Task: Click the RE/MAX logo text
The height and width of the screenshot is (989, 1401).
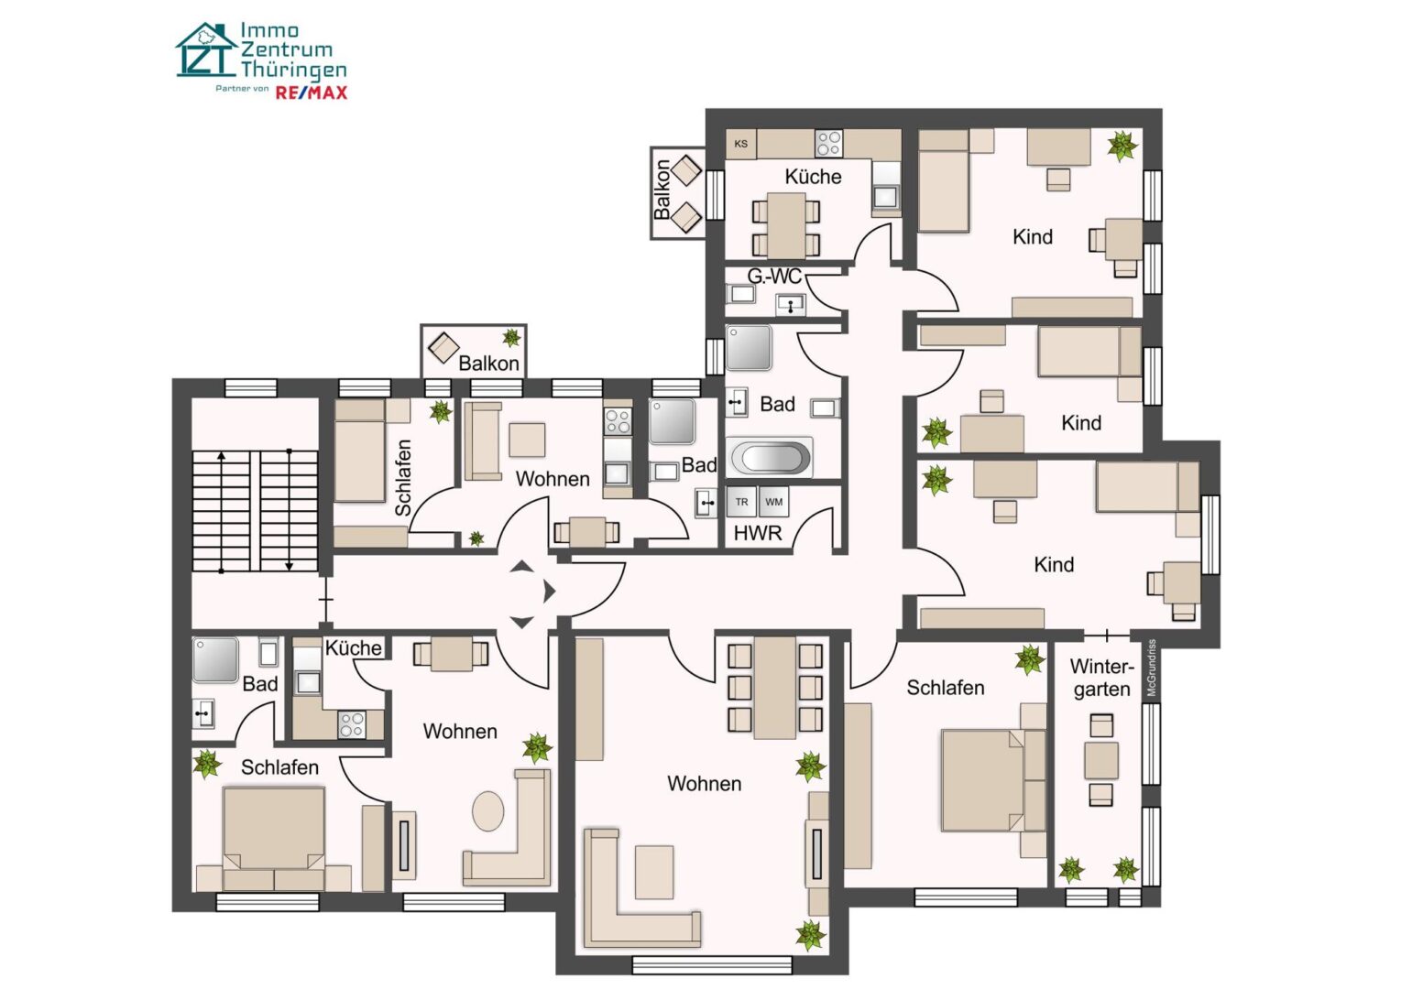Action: pos(312,92)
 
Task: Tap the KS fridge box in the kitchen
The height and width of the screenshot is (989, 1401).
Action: pos(741,144)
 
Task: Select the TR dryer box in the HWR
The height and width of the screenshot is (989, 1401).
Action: pos(742,502)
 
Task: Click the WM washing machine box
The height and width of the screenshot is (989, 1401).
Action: pos(773,502)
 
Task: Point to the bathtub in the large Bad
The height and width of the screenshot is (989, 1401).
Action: pos(770,457)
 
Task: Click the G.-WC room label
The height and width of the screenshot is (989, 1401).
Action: pos(774,276)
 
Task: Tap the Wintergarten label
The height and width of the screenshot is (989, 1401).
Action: pos(1102,679)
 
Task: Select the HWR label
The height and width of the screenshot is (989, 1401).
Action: pos(758,533)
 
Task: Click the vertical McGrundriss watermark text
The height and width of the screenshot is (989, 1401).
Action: pos(1152,668)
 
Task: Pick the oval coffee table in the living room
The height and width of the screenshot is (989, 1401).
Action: pos(487,810)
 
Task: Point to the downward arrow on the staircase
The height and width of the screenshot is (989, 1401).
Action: pos(289,510)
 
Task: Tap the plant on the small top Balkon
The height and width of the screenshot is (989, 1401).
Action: pos(511,338)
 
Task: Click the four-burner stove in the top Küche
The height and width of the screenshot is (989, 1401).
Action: pos(828,143)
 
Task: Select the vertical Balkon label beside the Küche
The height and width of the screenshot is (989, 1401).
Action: pos(662,190)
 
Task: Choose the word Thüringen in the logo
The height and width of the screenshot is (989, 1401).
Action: pos(293,70)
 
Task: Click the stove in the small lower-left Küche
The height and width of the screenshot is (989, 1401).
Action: pos(352,724)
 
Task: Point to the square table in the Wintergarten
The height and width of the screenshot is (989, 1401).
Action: pos(1101,760)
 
